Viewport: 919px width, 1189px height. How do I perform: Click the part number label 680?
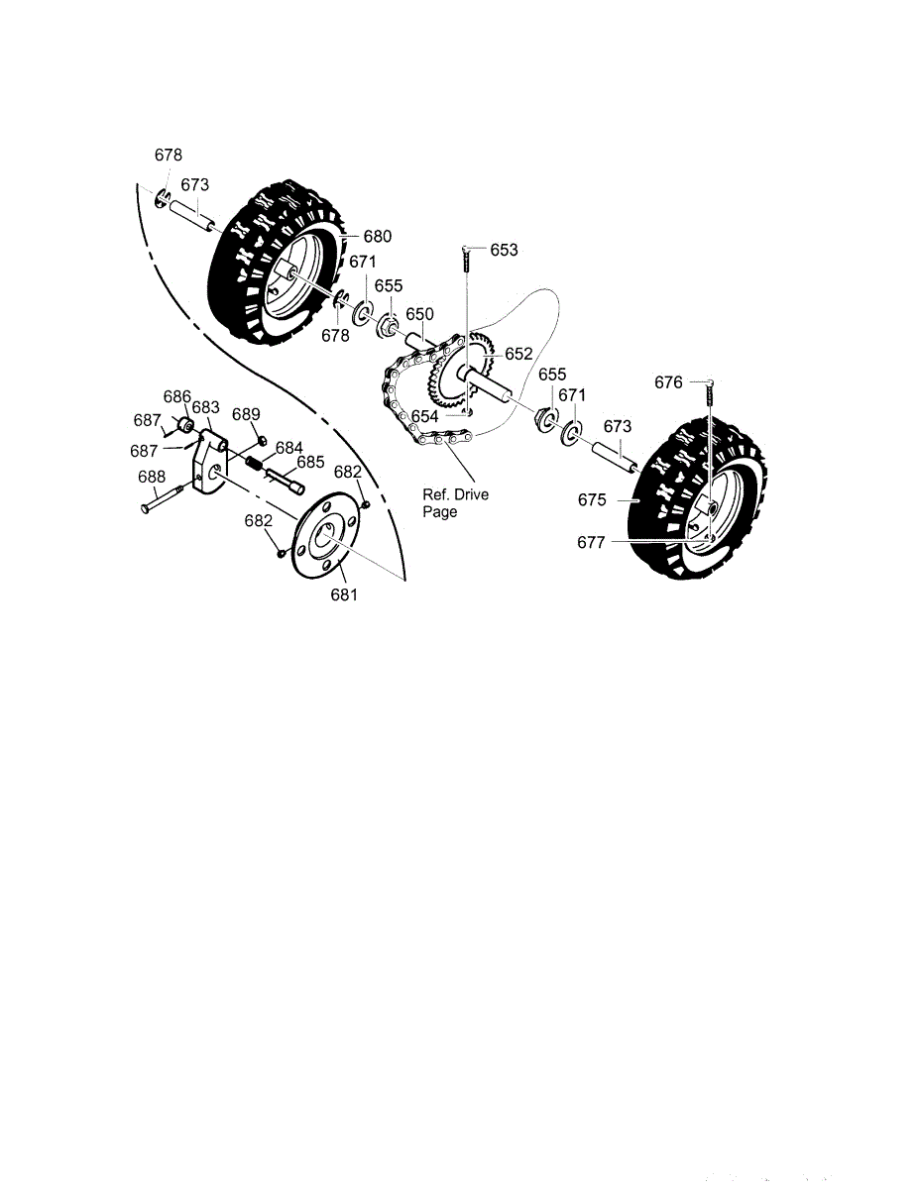point(378,237)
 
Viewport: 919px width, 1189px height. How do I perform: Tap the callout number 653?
point(504,250)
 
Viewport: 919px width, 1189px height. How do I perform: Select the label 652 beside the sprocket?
point(518,354)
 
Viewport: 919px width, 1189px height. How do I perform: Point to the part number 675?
point(592,499)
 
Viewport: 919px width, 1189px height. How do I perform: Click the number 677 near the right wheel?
point(591,542)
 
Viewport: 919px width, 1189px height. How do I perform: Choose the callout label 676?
point(668,382)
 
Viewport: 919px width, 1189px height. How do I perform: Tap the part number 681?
point(344,594)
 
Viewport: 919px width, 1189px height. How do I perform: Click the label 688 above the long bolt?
point(152,478)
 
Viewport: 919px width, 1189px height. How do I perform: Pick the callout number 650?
point(419,314)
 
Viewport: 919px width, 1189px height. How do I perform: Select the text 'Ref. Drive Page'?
point(455,503)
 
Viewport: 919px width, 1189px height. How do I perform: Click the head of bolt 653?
point(466,249)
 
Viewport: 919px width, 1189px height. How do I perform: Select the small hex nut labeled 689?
point(262,439)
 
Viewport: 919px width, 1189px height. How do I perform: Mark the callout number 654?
point(424,417)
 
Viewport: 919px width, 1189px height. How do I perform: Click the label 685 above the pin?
point(310,463)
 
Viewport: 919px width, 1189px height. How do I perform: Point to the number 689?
point(246,414)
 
